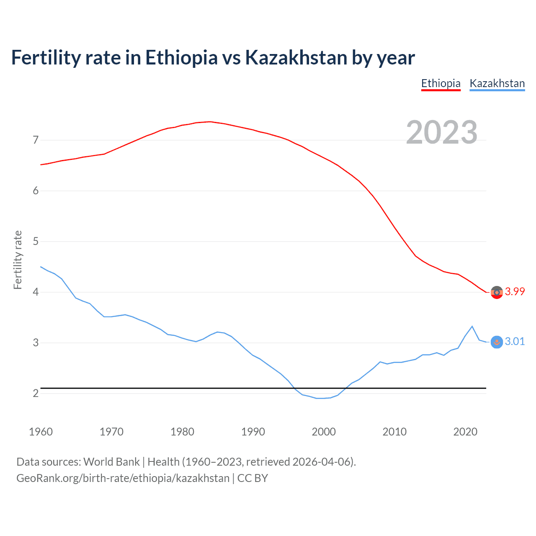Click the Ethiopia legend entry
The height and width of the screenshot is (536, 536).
point(441,83)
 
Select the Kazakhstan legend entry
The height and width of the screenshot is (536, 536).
point(497,83)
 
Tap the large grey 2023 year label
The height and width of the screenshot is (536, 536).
point(442,132)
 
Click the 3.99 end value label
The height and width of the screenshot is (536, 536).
point(515,292)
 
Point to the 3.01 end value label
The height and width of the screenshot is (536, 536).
point(515,342)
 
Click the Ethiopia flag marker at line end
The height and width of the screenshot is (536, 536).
point(497,292)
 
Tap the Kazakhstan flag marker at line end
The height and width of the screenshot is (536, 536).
point(497,342)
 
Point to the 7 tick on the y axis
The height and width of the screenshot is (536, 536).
point(36,140)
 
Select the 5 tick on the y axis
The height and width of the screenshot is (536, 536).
point(36,242)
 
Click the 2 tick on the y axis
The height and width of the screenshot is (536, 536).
point(36,394)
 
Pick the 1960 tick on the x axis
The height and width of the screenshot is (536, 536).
point(41,432)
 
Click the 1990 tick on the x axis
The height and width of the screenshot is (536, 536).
point(253,432)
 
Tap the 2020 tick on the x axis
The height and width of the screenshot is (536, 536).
point(465,432)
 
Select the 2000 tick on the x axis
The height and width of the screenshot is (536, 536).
point(324,432)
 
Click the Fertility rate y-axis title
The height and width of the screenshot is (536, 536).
point(18,260)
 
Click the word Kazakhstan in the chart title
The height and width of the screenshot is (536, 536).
point(296,57)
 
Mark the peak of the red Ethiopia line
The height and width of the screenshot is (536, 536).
point(210,122)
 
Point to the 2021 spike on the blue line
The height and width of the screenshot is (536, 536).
point(472,326)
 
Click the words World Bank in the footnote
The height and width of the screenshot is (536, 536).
point(111,462)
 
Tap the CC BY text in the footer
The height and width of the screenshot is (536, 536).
point(253,478)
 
